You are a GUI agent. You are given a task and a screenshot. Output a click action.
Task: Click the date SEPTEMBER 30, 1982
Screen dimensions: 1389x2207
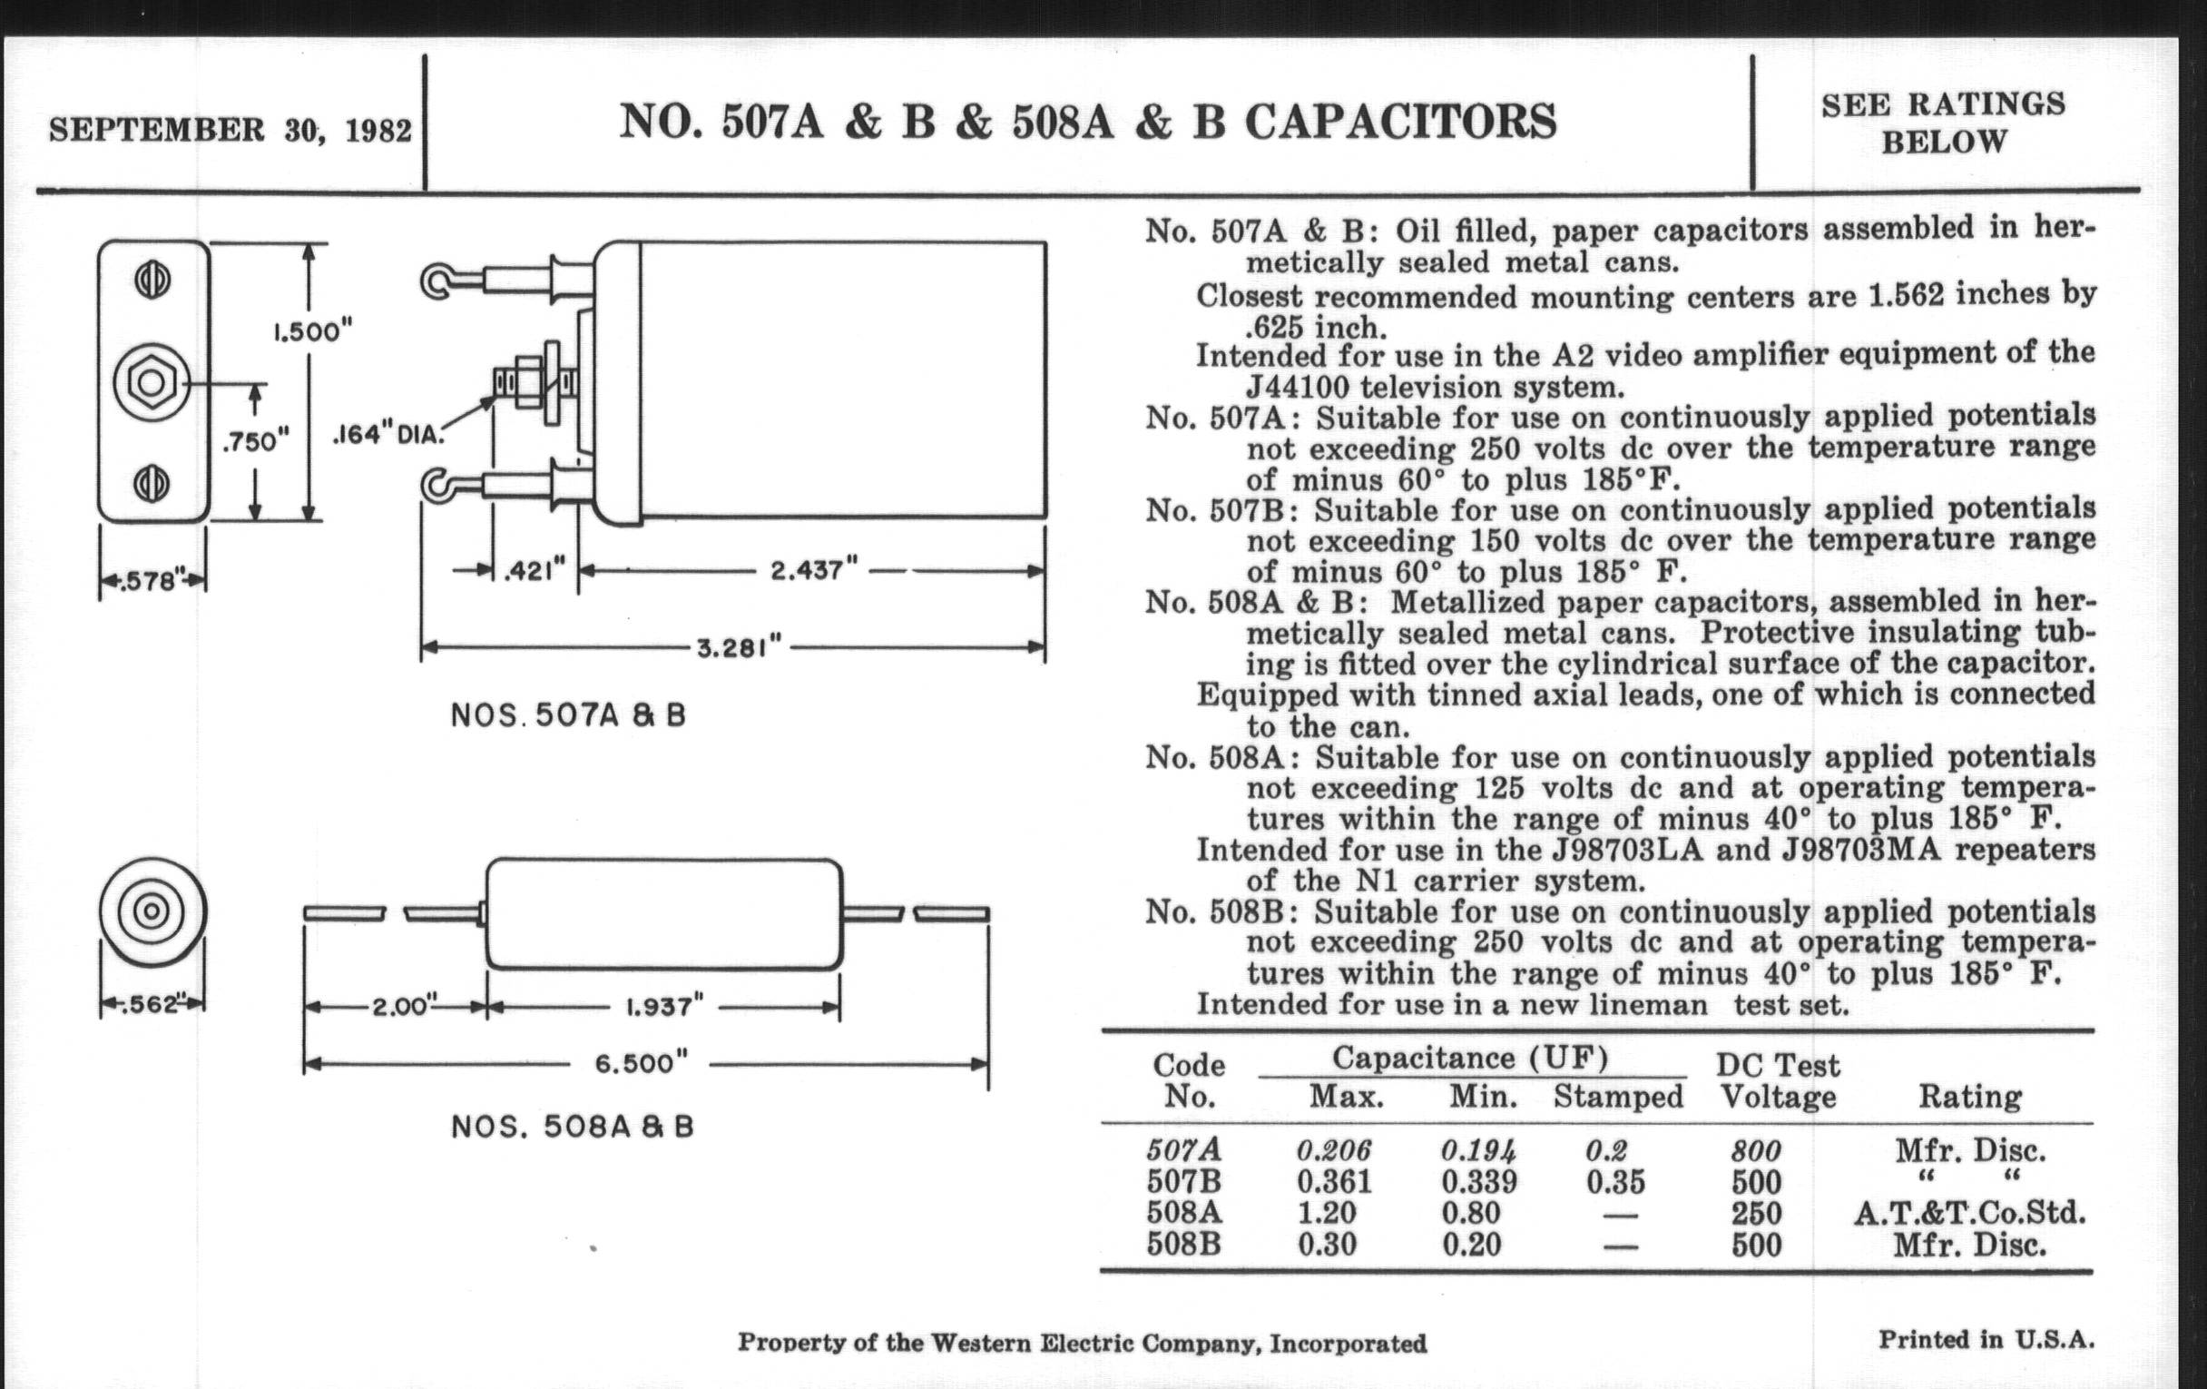(x=231, y=130)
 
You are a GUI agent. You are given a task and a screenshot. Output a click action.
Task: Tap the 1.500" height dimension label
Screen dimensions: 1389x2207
(x=312, y=330)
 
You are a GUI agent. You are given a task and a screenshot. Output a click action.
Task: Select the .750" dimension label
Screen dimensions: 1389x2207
(x=256, y=441)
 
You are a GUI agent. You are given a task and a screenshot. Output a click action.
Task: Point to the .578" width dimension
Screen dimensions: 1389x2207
(x=152, y=580)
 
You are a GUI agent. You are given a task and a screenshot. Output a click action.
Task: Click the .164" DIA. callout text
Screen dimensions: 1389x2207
(x=387, y=435)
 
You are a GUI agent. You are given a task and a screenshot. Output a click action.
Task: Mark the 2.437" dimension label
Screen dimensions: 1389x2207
(x=813, y=570)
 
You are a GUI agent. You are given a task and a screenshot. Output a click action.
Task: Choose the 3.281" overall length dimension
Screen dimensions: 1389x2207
(x=739, y=648)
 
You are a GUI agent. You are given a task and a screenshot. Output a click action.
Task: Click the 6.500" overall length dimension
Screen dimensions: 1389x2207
(x=641, y=1063)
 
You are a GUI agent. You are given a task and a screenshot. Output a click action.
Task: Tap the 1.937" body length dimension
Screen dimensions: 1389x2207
(x=664, y=1007)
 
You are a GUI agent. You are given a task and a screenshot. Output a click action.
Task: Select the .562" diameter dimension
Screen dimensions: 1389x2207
(x=152, y=1004)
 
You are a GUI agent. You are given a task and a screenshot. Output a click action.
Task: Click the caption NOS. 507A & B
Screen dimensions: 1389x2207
(x=568, y=715)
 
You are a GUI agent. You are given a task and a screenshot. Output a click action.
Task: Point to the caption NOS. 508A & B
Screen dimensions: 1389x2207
(x=573, y=1127)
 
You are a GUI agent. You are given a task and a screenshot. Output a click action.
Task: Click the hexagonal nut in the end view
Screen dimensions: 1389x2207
(x=152, y=382)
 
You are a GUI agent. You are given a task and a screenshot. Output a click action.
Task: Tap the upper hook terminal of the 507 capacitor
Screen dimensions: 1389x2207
(x=438, y=281)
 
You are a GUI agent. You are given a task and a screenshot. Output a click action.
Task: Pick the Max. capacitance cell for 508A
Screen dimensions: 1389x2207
(x=1327, y=1213)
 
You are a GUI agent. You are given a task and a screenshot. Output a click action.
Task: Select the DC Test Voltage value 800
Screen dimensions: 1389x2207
(x=1756, y=1150)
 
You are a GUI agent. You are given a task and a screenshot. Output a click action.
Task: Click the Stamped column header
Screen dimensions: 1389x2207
(x=1618, y=1097)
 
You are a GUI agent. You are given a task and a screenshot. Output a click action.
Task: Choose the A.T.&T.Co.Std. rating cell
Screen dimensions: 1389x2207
(x=1969, y=1213)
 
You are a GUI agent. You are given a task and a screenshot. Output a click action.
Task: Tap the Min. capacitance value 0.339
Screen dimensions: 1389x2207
(x=1478, y=1182)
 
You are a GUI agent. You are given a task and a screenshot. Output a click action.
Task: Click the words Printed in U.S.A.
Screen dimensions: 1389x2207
(x=1986, y=1339)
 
